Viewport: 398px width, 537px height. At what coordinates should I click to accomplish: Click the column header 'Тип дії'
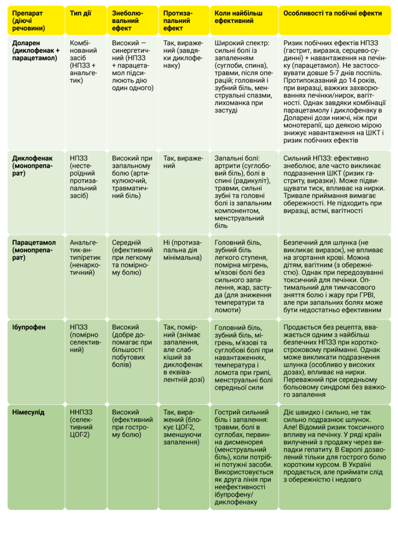(x=80, y=13)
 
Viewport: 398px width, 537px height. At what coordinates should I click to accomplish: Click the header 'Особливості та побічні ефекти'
(x=332, y=13)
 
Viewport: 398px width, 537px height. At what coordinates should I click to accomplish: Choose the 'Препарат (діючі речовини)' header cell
(x=29, y=21)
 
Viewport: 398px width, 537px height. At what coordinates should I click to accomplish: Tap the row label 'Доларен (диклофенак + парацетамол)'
(x=35, y=51)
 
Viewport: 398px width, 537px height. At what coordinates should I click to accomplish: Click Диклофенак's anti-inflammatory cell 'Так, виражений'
(x=183, y=162)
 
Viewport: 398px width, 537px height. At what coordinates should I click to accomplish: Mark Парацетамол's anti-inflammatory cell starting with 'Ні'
(x=183, y=250)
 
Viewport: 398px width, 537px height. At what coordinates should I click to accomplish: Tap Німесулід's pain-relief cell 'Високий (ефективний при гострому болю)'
(x=133, y=423)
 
